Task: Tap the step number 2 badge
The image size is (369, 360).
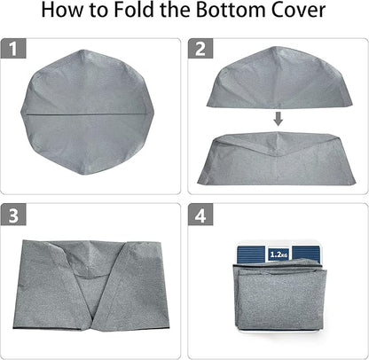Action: pyautogui.click(x=200, y=50)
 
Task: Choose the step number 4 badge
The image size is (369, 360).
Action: pyautogui.click(x=200, y=216)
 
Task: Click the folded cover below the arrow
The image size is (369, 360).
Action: pyautogui.click(x=277, y=160)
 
